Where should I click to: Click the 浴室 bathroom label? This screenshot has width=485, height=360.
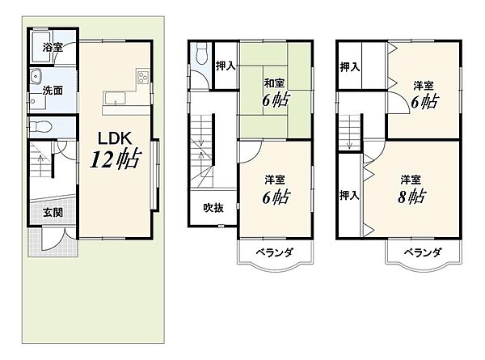pos(53,48)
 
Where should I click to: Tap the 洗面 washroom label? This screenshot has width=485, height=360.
pos(53,91)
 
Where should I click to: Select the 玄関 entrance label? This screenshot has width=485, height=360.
pos(53,213)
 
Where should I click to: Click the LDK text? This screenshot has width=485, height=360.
pos(115,138)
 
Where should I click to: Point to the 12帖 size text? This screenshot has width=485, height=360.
pos(116,159)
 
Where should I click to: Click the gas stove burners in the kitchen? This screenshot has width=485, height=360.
pos(143,78)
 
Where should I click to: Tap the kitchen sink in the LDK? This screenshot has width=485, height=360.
pos(115,99)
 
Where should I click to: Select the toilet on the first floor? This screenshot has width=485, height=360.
pos(40,126)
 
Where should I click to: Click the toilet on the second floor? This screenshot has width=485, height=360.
pos(201,53)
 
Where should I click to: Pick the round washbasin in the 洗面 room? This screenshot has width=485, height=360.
pos(36,77)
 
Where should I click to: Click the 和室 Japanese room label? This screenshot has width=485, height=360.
pos(274,83)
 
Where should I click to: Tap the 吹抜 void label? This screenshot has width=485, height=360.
pos(213,208)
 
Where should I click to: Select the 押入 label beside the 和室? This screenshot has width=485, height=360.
pos(226,66)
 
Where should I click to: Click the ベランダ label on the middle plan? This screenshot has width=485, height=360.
pos(275,252)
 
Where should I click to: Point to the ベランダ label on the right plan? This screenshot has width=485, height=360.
pos(423,252)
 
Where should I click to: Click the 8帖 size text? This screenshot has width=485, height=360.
pos(411,196)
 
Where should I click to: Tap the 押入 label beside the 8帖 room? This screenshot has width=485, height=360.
pos(349,195)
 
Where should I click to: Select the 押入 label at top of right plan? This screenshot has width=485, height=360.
pos(350,67)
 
